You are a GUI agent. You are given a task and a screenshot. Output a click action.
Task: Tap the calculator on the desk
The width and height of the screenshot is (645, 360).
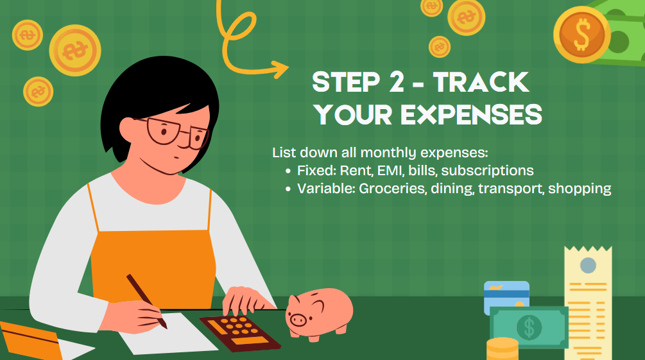tap(240, 333)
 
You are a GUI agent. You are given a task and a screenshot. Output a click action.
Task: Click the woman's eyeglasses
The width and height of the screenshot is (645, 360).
tap(177, 132)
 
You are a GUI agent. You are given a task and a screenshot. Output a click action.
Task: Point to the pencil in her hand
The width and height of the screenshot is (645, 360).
tap(146, 301)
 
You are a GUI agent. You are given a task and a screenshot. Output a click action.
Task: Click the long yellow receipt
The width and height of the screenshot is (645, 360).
tap(589, 303)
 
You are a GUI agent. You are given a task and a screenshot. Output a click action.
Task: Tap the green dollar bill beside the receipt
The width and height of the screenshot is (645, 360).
tap(529, 327)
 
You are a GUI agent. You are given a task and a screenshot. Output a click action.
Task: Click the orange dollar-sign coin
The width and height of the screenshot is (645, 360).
tap(581, 35)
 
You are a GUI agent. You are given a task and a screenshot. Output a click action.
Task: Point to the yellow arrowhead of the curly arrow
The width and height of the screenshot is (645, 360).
tap(280, 69)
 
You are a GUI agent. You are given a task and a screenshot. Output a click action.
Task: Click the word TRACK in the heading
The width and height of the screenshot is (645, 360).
tap(481, 82)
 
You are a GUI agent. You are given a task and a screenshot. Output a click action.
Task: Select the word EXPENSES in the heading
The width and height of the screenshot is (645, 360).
tap(472, 114)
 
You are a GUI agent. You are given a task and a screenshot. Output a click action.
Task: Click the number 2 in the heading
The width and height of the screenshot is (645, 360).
tap(396, 82)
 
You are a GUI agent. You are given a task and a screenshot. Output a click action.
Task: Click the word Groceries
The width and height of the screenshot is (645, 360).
tap(392, 189)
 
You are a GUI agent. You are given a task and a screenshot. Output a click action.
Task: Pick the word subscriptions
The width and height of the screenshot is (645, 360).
tap(488, 171)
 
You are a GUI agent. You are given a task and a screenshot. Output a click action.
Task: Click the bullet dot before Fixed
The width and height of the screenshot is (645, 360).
tap(288, 171)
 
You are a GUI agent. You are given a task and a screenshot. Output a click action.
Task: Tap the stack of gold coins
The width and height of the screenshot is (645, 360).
tap(503, 349)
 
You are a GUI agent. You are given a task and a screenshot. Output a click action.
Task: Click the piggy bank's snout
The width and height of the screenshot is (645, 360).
tap(297, 318)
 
